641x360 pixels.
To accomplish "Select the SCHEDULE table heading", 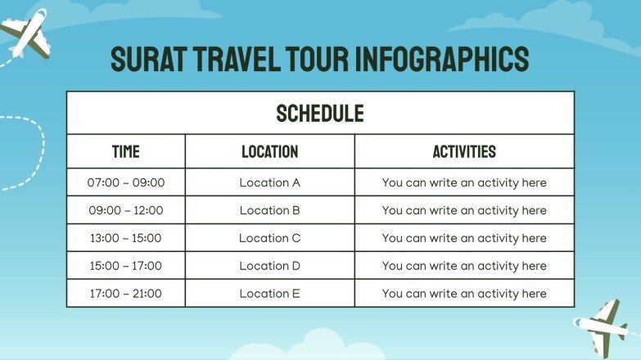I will pos(320,113).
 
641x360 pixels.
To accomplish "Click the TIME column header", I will pos(125,151).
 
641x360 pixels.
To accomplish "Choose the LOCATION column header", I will pos(269,151).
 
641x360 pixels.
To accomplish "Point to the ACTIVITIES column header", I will pos(463,151).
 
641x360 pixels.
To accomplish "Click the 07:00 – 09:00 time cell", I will pos(125,182).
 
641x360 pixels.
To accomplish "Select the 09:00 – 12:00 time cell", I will pos(125,210).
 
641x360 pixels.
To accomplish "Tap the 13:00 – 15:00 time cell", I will pos(125,238).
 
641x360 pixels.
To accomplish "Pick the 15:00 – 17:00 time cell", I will pos(125,266).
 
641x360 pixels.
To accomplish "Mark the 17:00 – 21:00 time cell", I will pos(125,294).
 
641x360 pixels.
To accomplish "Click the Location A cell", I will pos(269,182).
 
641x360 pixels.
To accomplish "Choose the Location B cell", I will pos(269,210).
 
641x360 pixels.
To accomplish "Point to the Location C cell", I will pos(269,238).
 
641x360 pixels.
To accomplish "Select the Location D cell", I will pos(269,266).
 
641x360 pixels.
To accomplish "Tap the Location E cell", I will pos(269,294).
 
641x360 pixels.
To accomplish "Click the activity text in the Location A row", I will pos(463,182).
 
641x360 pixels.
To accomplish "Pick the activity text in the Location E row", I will pos(463,294).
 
